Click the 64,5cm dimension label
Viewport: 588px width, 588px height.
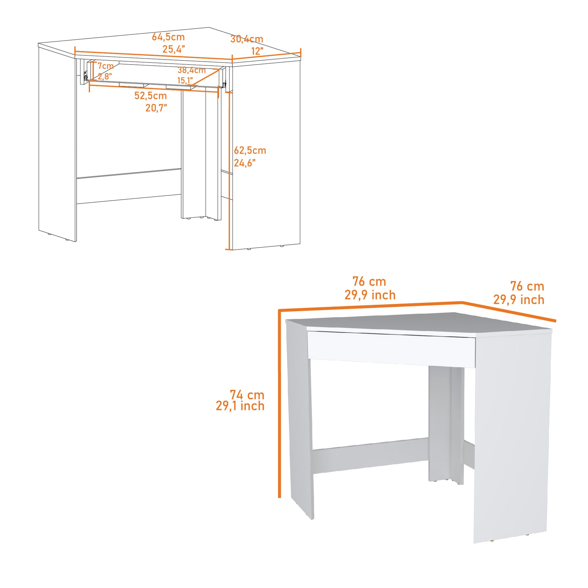(x=168, y=37)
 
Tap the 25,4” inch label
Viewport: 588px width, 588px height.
(x=173, y=49)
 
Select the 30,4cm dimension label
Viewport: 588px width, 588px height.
(x=247, y=39)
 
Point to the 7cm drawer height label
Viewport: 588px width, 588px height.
(x=105, y=66)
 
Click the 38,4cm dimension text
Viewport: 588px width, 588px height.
(x=192, y=70)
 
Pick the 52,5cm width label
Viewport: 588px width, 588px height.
(x=150, y=95)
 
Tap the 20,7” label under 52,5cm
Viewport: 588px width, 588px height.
(x=156, y=108)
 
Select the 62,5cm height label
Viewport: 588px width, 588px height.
(x=250, y=150)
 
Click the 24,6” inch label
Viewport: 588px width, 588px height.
(x=244, y=163)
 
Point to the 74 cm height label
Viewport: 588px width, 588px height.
(x=247, y=395)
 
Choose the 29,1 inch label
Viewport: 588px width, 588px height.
(x=240, y=406)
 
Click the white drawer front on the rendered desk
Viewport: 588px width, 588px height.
(x=391, y=349)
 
